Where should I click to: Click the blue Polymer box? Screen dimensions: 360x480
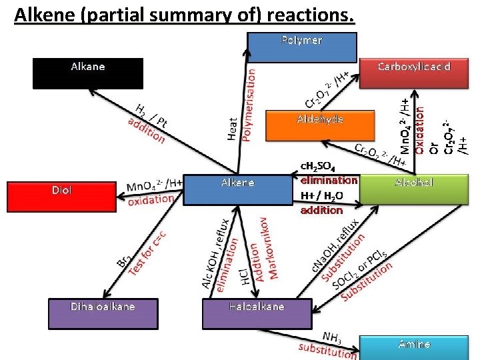coord(302,47)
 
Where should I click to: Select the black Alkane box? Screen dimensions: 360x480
coord(88,73)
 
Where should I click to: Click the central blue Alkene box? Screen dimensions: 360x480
coord(237,189)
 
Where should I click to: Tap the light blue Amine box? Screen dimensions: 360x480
coord(414,347)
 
